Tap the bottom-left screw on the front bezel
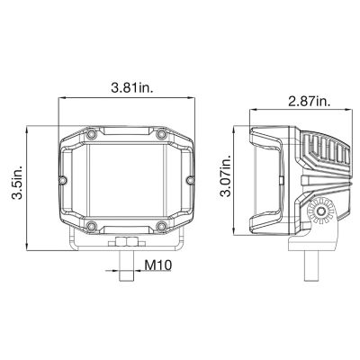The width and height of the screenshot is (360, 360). pyautogui.click(x=93, y=224)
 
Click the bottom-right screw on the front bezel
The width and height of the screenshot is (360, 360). pyautogui.click(x=161, y=224)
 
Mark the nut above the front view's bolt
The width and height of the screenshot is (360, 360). pyautogui.click(x=127, y=243)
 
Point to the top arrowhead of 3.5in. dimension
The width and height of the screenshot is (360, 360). pyautogui.click(x=28, y=129)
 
